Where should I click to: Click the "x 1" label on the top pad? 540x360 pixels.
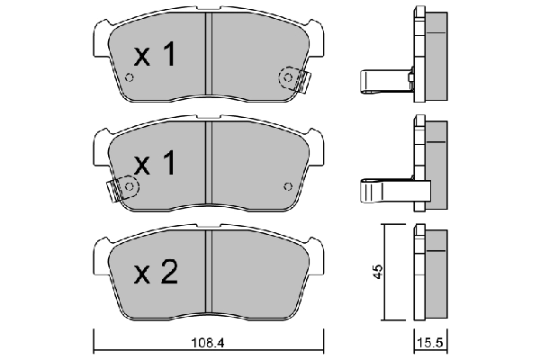click(154, 57)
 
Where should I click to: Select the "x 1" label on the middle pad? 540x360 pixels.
click(154, 164)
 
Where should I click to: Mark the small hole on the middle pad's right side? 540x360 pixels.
click(287, 186)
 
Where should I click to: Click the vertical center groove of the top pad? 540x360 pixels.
click(208, 56)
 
